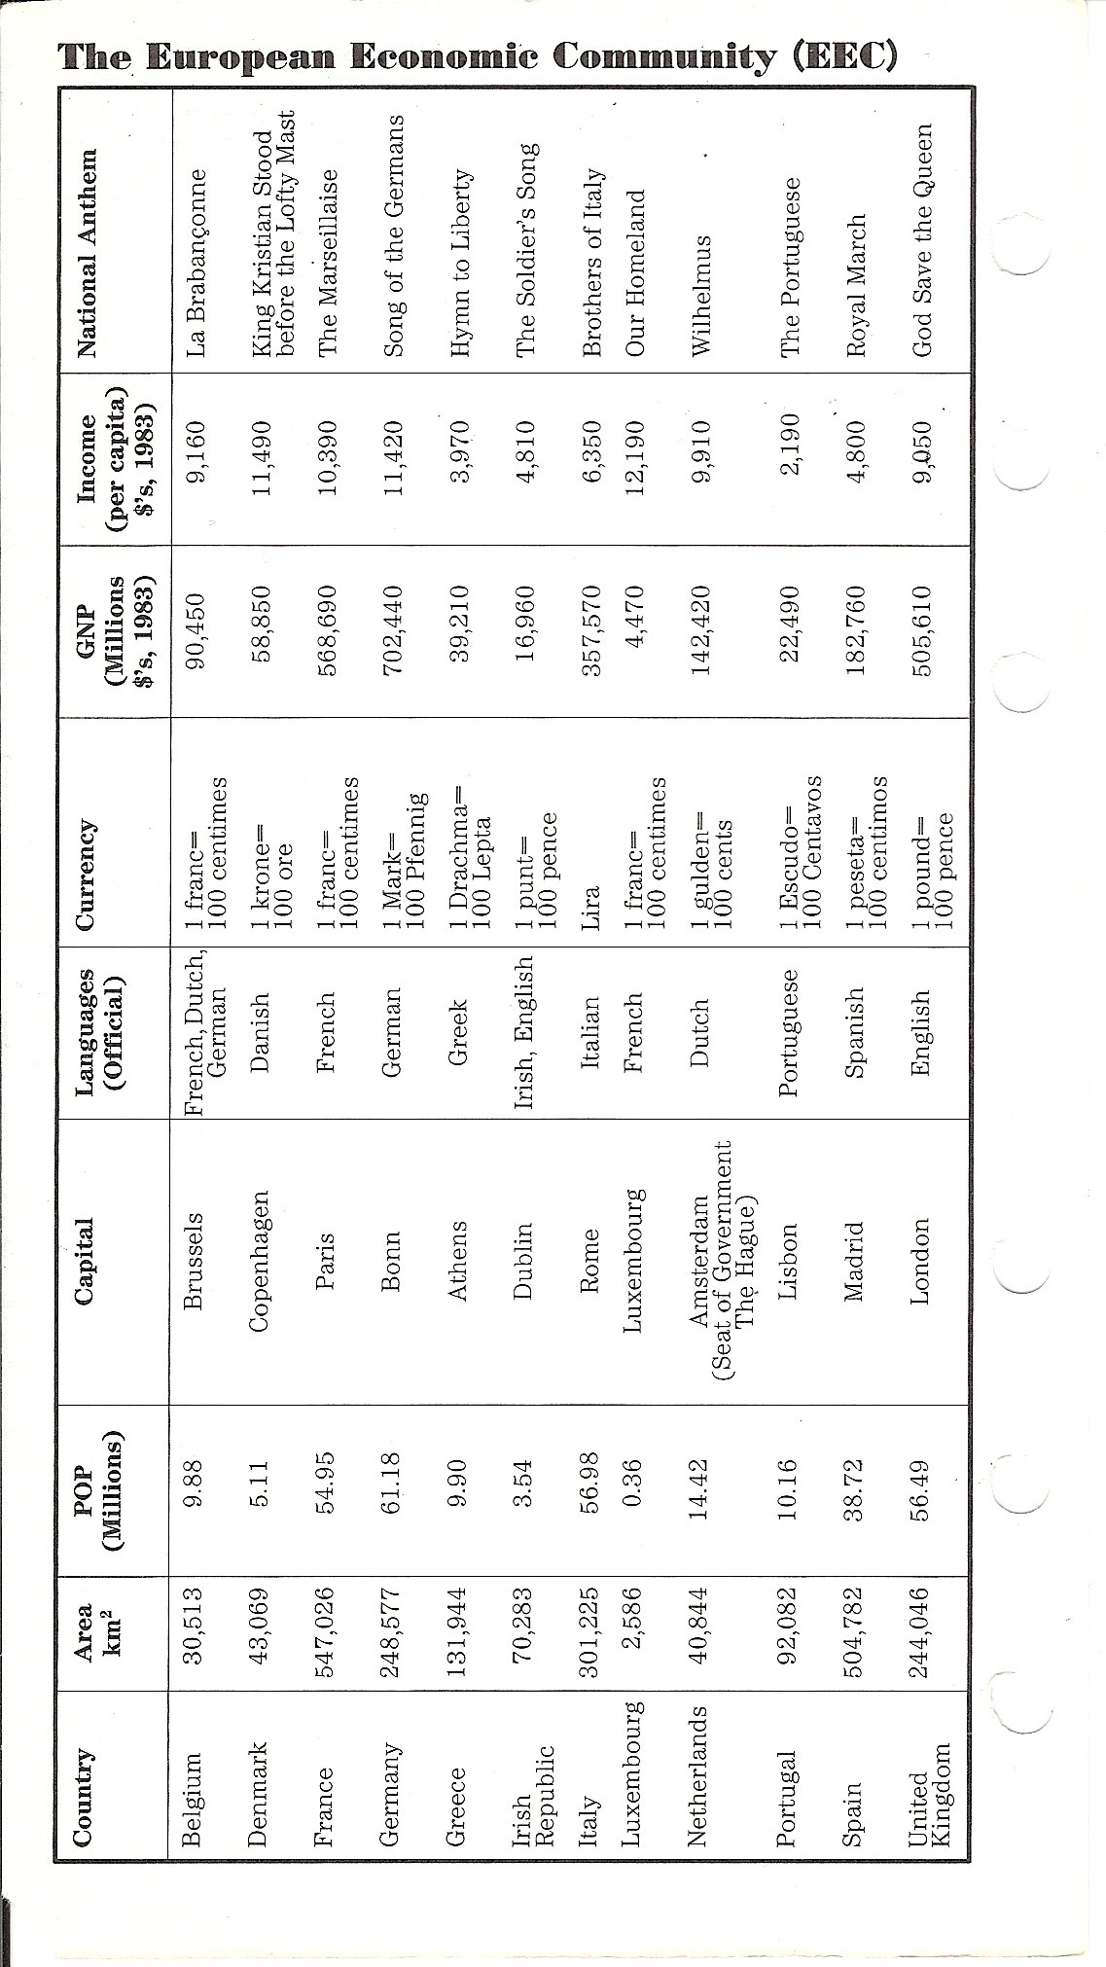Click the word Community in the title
665,56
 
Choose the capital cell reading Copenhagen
258,1261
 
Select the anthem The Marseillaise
327,262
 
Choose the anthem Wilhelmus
699,281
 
